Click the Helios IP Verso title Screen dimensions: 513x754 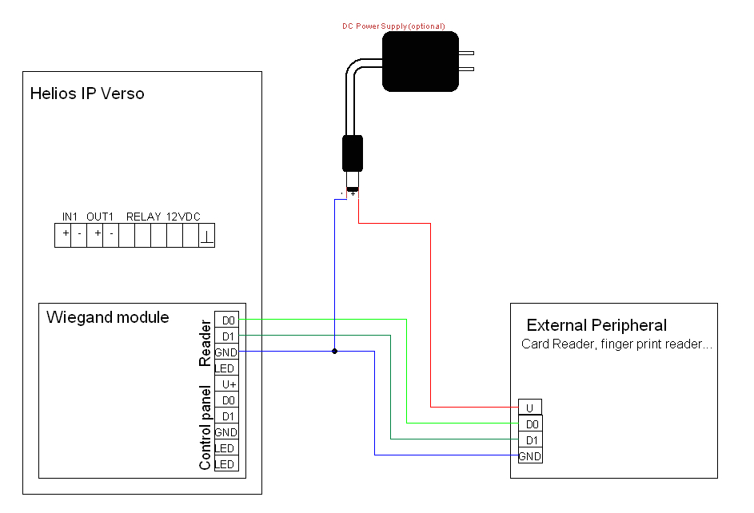coord(87,93)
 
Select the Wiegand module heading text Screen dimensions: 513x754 coord(108,317)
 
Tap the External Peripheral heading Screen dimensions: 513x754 coord(596,325)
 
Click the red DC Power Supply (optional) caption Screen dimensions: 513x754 coord(393,26)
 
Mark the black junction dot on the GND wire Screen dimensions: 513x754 coord(334,351)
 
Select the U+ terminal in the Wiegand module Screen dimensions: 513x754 coord(228,384)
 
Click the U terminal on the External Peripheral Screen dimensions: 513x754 coord(529,407)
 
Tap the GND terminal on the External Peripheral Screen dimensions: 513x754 coord(529,456)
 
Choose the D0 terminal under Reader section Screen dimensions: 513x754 coord(228,320)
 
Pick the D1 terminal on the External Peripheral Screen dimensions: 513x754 coord(529,440)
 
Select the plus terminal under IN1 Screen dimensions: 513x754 coord(64,235)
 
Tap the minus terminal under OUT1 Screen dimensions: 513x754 coord(111,235)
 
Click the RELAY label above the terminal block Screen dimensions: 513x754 coord(144,217)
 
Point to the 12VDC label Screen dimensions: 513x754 coord(183,217)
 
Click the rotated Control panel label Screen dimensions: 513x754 coord(205,428)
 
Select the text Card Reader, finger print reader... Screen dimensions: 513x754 coord(616,345)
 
